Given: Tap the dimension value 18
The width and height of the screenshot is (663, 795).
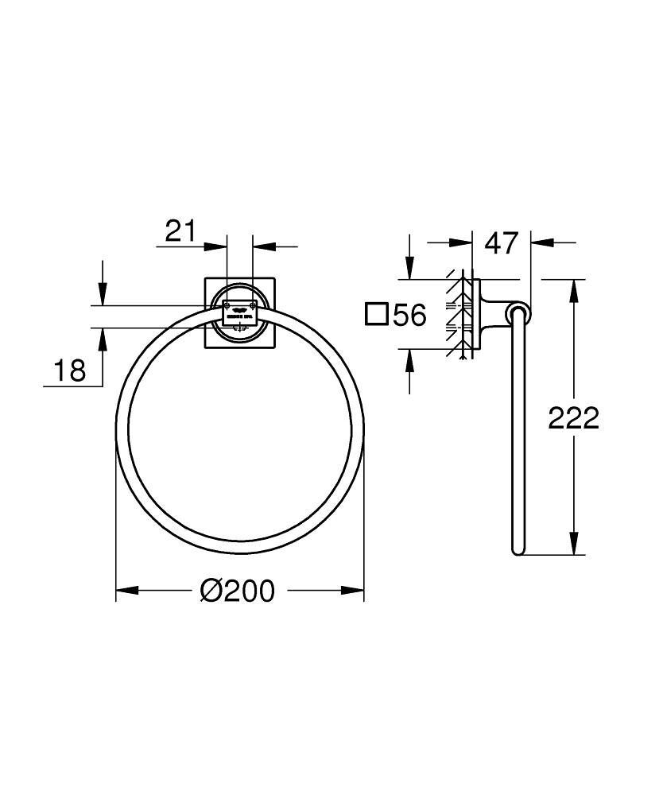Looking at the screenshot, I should pos(70,370).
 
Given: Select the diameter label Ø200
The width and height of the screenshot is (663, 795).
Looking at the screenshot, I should pos(237,590).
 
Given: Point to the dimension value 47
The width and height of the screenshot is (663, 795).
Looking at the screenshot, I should pos(502,242).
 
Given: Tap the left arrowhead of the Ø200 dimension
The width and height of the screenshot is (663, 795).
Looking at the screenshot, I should pos(127,590).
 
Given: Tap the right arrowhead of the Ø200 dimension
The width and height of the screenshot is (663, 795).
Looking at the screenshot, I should pos(354,590).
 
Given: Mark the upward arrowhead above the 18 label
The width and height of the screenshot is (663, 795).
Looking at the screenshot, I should pos(103,339).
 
